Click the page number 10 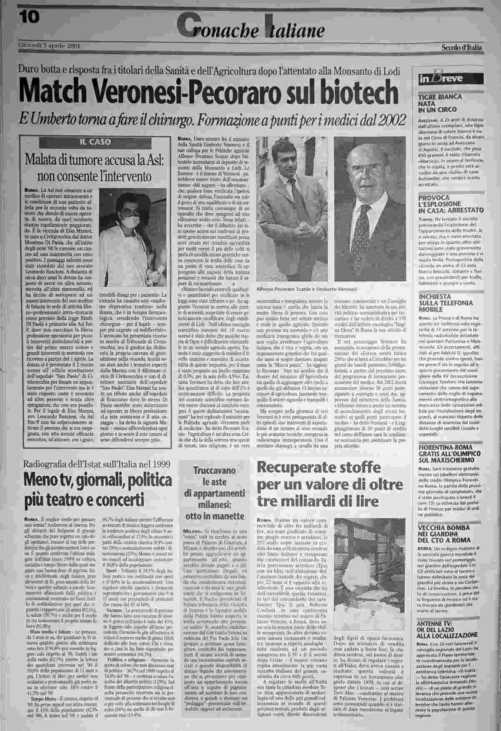(x=28, y=17)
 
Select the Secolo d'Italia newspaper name (x=462, y=47)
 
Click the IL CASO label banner (x=95, y=142)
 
